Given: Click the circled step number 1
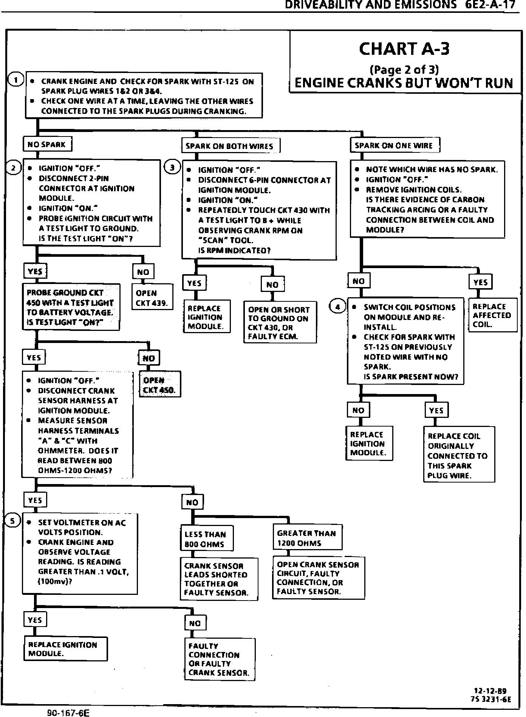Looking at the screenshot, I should point(16,80).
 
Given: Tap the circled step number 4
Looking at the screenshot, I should point(337,307).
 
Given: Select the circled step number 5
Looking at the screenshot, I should point(13,521).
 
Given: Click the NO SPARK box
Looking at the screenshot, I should point(47,144).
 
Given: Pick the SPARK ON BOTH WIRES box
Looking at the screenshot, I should point(231,146).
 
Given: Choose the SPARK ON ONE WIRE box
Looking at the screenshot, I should point(395,145).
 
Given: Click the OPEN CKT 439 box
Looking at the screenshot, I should point(152,298).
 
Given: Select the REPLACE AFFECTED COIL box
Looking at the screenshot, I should point(492,315).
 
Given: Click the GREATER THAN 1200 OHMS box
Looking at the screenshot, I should point(308,538).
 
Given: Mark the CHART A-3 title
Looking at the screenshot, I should point(404,49).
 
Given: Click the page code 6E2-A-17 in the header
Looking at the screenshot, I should point(490,5).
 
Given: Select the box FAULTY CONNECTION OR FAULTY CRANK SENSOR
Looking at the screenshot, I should point(220,660).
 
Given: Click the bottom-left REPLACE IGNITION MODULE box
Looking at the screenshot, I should point(65,649).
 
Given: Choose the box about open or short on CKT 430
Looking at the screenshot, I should point(280,323).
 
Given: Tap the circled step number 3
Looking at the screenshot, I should point(172,167).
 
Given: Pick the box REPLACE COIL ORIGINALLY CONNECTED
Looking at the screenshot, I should point(458,455).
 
